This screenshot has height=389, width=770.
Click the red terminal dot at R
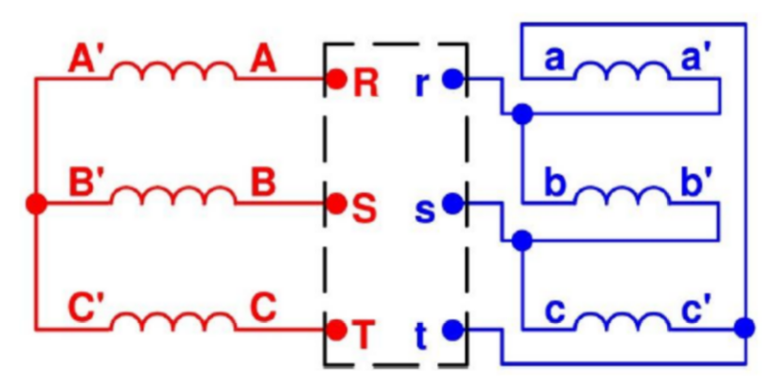[x=337, y=79]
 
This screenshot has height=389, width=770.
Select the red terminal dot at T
[x=337, y=329]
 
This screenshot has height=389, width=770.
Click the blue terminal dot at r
[x=453, y=79]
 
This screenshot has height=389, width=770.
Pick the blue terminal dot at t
[x=453, y=329]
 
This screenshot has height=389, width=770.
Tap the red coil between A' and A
[x=174, y=72]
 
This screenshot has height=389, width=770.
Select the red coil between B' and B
[x=174, y=196]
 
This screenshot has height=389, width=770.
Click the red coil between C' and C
[x=174, y=321]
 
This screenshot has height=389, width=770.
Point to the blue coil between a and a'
[x=619, y=72]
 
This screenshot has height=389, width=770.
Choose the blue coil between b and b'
[x=619, y=196]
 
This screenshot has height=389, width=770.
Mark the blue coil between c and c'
[x=619, y=321]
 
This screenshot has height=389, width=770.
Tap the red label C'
[x=88, y=309]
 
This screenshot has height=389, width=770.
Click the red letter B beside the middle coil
[x=263, y=184]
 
